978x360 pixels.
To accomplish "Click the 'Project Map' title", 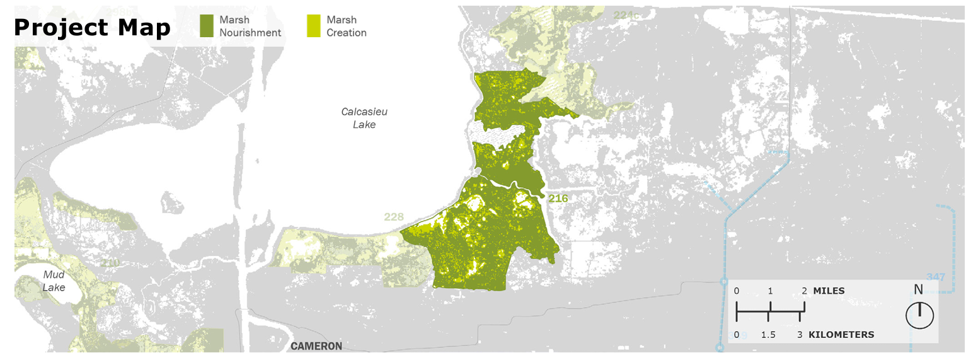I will tap(92, 28).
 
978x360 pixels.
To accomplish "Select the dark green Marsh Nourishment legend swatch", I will tap(207, 25).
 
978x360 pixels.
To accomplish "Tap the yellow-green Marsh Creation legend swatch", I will tap(313, 25).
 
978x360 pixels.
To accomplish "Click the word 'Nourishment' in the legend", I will tap(250, 33).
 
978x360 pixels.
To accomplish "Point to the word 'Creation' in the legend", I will tap(346, 33).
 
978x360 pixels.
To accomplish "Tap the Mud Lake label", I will tap(54, 281).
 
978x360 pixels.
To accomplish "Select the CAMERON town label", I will tap(316, 346).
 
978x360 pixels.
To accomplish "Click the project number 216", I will tap(558, 199).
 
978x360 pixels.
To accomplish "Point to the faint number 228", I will tap(394, 218).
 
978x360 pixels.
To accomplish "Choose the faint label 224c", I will tap(626, 15).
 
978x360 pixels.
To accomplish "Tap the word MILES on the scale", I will tap(829, 291).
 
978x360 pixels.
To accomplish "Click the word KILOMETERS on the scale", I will tap(841, 334).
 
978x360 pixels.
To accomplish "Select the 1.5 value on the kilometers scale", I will tap(768, 335).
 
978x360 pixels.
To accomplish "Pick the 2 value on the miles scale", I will tap(803, 291).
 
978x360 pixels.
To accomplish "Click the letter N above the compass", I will tap(919, 290).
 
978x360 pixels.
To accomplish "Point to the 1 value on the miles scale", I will tap(769, 291).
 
